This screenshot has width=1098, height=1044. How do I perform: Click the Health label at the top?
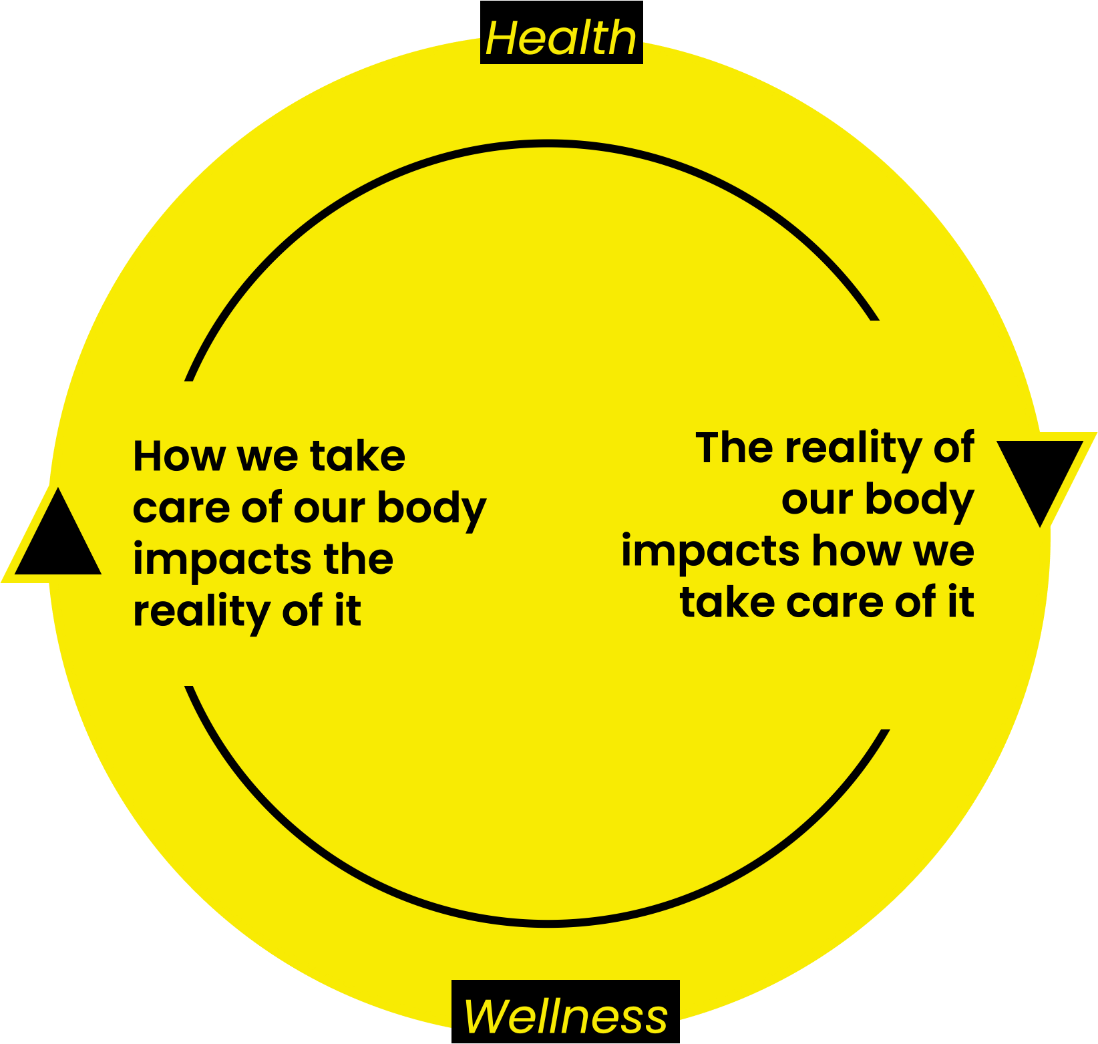pyautogui.click(x=561, y=39)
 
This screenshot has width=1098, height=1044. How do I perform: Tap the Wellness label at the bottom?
pyautogui.click(x=565, y=1015)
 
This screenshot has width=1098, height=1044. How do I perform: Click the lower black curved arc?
pyautogui.click(x=546, y=923)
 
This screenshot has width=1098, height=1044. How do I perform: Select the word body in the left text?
pyautogui.click(x=431, y=509)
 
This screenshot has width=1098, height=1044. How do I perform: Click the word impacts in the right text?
pyautogui.click(x=709, y=552)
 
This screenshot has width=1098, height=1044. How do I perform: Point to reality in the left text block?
pyautogui.click(x=200, y=612)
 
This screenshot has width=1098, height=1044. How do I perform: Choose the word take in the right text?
pyautogui.click(x=727, y=603)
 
